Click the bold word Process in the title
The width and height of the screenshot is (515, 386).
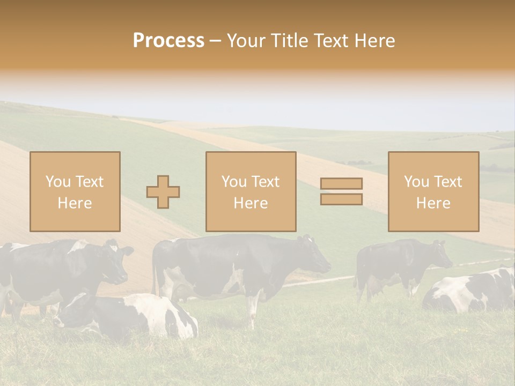(x=168, y=41)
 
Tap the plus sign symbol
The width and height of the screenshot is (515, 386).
(x=164, y=192)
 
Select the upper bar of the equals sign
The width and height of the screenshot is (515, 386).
(x=341, y=183)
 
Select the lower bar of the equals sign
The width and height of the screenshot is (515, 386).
(x=341, y=199)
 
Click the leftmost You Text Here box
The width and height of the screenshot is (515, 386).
(x=75, y=191)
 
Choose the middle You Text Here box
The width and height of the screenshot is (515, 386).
(x=251, y=191)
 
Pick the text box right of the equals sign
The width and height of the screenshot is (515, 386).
(x=433, y=191)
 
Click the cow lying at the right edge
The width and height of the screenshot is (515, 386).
(x=472, y=292)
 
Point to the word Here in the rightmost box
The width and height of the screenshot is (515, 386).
(x=433, y=203)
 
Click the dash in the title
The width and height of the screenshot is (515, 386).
(x=215, y=41)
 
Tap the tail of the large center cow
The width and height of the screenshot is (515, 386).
(x=156, y=268)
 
